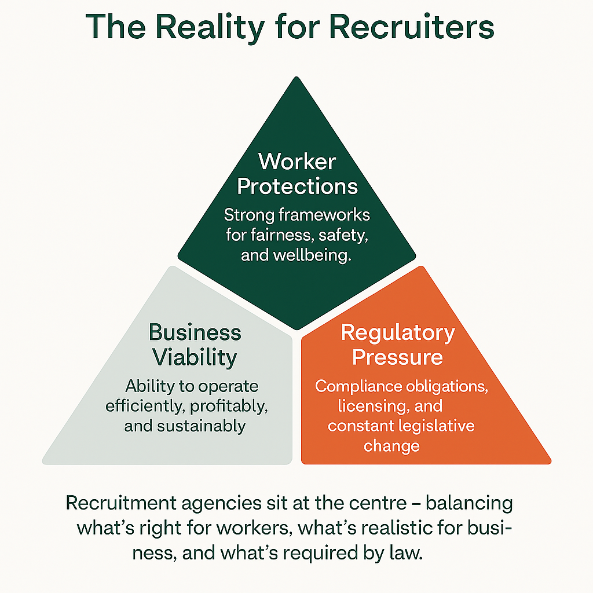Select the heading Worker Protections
[297, 173]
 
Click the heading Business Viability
[195, 345]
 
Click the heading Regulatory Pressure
[398, 345]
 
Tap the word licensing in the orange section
[367, 406]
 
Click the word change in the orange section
[391, 446]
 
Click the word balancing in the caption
[470, 503]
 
